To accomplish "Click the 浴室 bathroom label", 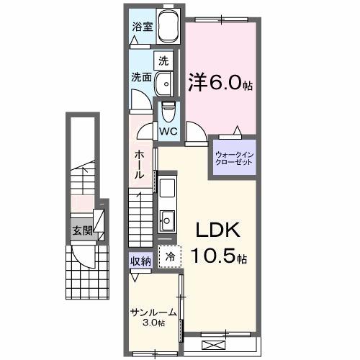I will tap(142, 27).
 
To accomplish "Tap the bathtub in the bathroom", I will tap(167, 29).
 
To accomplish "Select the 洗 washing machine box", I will tap(164, 60).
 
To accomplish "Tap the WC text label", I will tap(168, 132).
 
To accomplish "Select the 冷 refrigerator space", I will tap(171, 257).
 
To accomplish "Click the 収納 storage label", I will tap(140, 261).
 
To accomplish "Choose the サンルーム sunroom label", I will tap(152, 312).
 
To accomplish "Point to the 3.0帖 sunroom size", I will tap(152, 323).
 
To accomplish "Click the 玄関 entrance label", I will tap(82, 231).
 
